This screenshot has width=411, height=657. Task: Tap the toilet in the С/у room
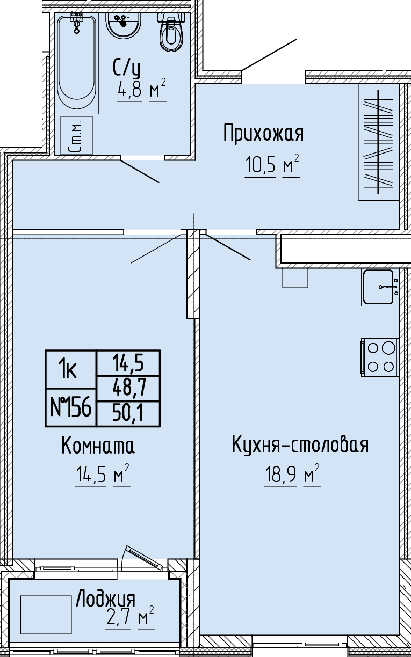[x=172, y=32]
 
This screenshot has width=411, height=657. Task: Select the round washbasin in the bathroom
[x=124, y=25]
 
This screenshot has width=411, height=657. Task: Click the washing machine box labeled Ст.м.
[x=76, y=135]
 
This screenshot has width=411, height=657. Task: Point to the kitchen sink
[x=380, y=288]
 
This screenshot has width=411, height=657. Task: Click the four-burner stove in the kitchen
[x=380, y=357]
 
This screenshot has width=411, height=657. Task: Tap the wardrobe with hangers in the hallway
[x=379, y=142]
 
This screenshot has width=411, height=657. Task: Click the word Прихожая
[x=263, y=134]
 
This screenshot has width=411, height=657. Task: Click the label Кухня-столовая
[x=300, y=444]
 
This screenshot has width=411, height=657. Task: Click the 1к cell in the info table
[x=70, y=369]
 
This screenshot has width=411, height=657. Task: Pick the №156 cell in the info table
[x=70, y=407]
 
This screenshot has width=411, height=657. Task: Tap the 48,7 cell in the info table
[x=128, y=388]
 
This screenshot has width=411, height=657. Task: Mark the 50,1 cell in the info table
[x=128, y=413]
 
